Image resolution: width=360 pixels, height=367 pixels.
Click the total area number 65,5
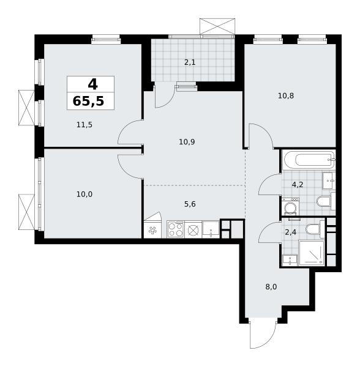click(x=89, y=102)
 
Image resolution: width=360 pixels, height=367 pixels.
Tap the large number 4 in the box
click(x=92, y=84)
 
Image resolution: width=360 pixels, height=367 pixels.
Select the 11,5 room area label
click(x=84, y=125)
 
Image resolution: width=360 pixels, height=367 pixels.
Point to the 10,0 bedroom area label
click(x=84, y=194)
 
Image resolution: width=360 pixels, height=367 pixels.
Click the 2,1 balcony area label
click(x=190, y=62)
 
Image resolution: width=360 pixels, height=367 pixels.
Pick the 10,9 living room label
click(x=187, y=142)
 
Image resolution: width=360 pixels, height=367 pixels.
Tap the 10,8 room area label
click(x=286, y=96)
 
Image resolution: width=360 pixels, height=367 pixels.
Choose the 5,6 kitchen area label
click(x=190, y=204)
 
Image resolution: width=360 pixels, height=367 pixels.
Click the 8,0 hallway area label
click(x=271, y=287)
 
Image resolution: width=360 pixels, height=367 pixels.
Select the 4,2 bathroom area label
click(x=298, y=185)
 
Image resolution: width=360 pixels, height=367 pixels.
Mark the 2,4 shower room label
click(x=290, y=232)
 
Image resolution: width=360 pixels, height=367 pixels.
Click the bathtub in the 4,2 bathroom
click(x=309, y=160)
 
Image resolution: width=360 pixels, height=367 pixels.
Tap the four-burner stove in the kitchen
click(x=176, y=229)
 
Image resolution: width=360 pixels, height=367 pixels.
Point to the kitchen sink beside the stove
click(x=211, y=229)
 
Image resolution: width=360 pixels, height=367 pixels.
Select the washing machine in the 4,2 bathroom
click(x=290, y=207)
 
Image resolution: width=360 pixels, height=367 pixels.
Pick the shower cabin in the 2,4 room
click(x=312, y=253)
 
